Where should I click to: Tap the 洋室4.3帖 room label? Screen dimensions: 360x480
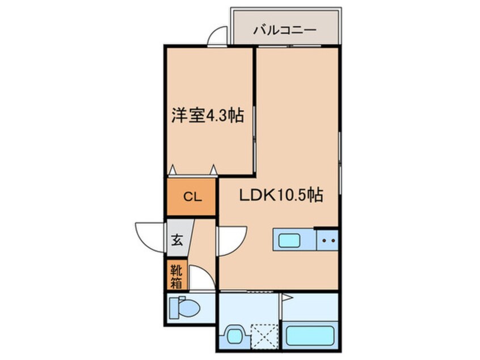[208, 116]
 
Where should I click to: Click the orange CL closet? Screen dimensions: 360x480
[191, 197]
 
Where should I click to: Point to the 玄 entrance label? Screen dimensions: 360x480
[177, 240]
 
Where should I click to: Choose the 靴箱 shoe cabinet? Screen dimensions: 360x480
[176, 275]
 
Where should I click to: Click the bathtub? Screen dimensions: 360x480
[310, 336]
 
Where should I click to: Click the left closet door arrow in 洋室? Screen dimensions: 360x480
[172, 169]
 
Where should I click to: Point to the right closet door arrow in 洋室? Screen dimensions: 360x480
[213, 169]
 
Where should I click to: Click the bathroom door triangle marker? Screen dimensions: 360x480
[287, 298]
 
